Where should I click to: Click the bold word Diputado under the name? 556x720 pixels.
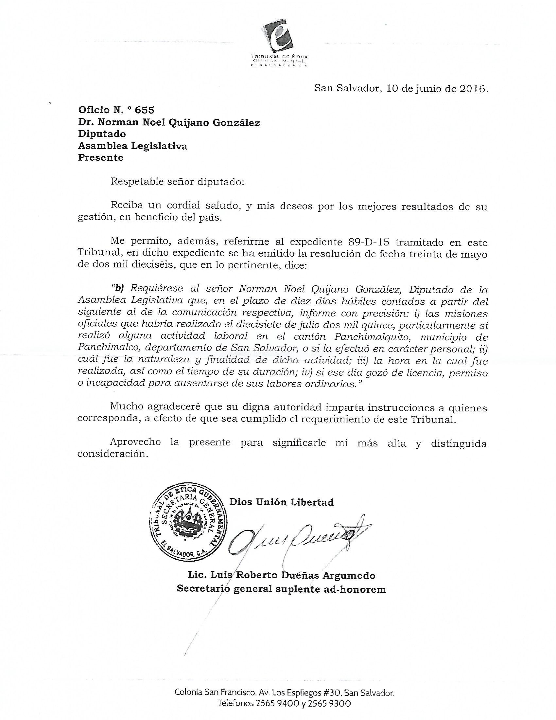point(102,134)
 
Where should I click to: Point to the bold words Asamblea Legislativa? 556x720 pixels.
point(132,146)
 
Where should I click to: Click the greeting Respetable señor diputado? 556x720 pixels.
point(177,182)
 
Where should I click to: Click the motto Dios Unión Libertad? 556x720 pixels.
point(281,502)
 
